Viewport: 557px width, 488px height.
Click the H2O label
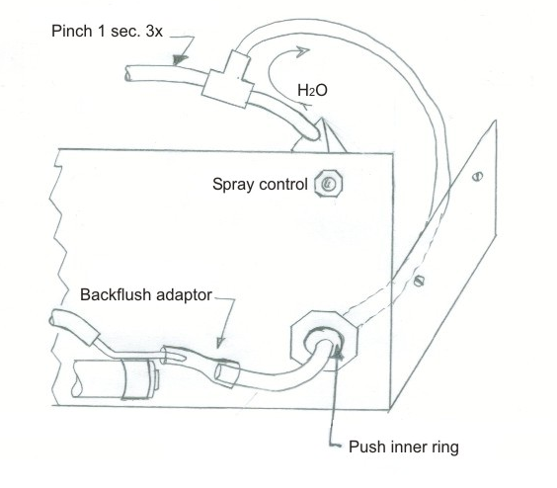click(313, 91)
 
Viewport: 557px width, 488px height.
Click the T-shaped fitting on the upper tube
click(227, 76)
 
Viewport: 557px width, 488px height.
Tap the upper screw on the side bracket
click(480, 179)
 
